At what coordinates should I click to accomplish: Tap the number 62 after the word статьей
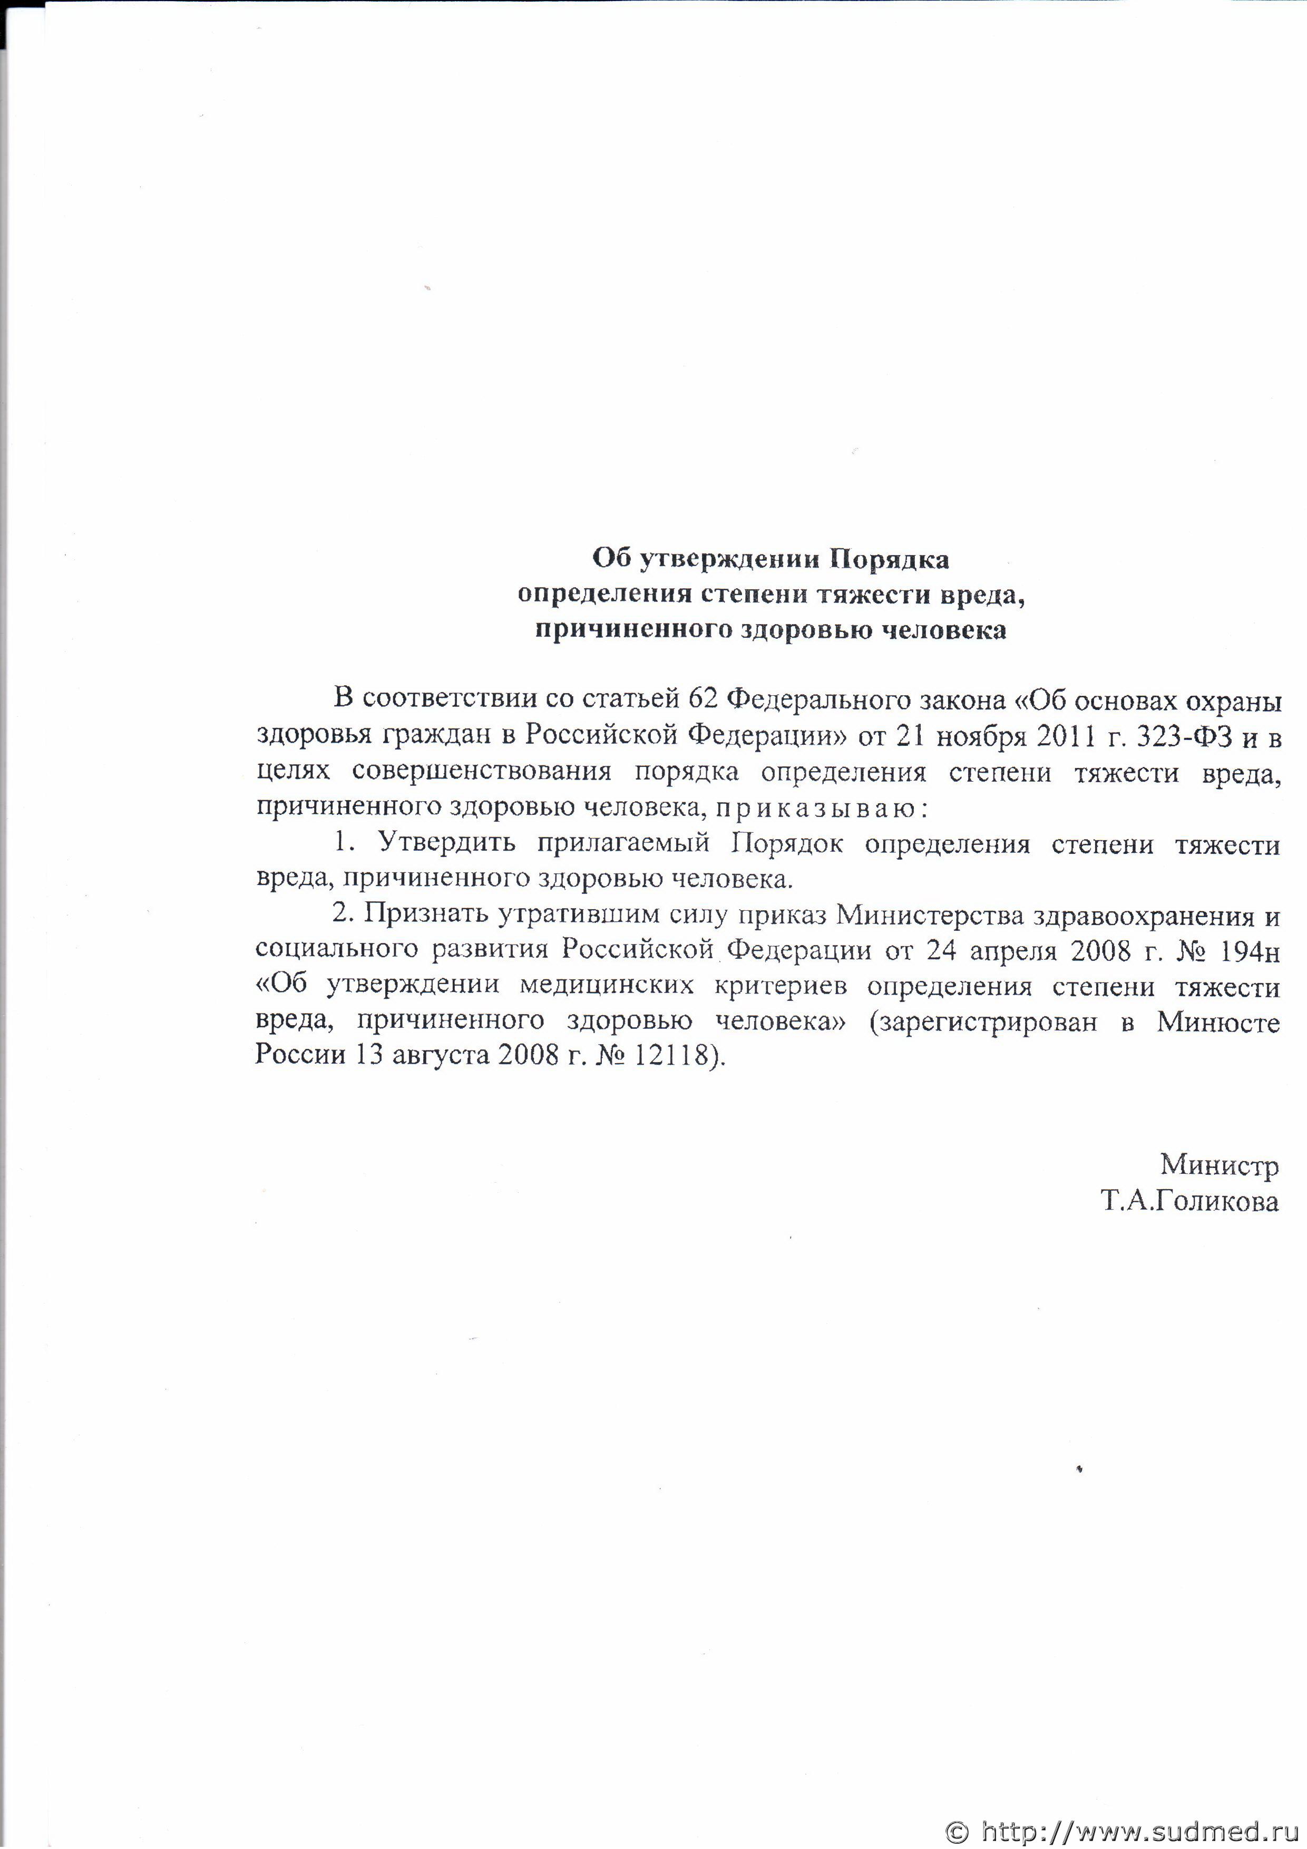coord(704,698)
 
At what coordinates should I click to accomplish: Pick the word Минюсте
coord(1217,1022)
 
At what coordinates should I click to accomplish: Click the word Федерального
coord(819,698)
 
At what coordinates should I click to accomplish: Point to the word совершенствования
coord(482,772)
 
